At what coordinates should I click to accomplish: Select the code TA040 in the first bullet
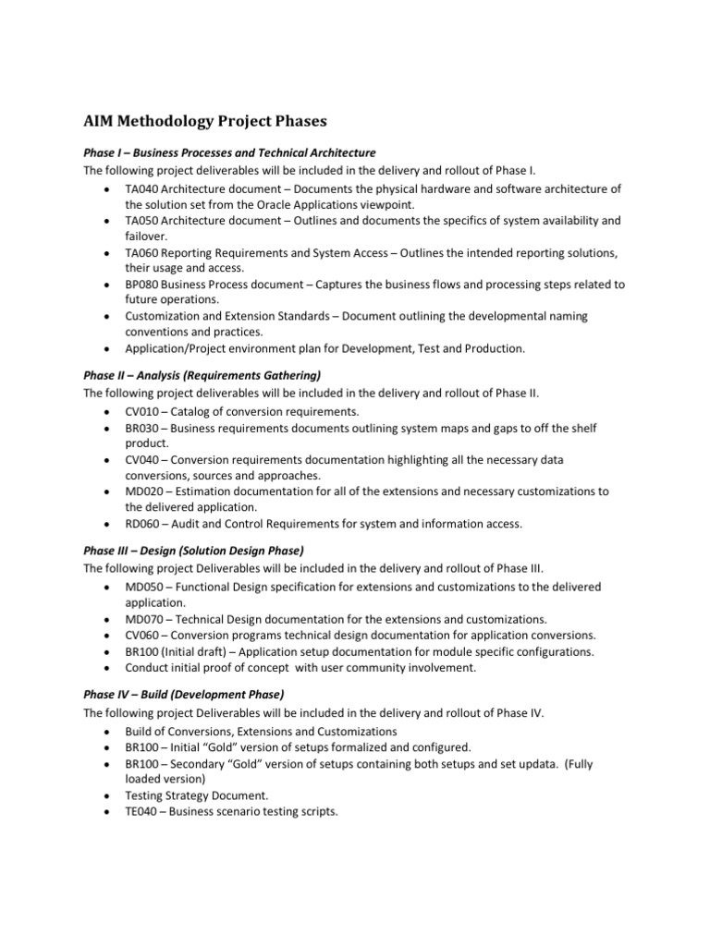tap(142, 188)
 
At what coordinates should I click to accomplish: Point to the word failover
tap(147, 236)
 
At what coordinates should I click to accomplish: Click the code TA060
tap(142, 253)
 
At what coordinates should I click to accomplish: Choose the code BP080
tap(142, 285)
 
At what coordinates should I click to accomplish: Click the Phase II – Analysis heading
tap(202, 375)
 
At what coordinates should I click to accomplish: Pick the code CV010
tap(142, 411)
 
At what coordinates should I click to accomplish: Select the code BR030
tap(142, 428)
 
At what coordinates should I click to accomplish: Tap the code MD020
tap(144, 491)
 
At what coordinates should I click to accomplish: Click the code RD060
tap(143, 524)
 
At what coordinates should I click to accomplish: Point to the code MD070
tap(144, 619)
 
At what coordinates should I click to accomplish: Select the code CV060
tap(142, 635)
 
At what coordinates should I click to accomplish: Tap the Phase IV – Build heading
tap(184, 695)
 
